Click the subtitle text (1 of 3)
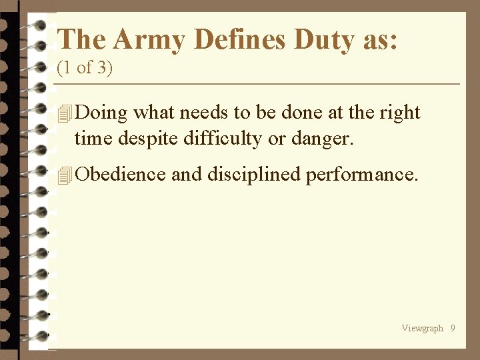85,69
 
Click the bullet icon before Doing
64,114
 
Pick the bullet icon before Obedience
64,175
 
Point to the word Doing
101,113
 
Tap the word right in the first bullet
400,113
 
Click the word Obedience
121,174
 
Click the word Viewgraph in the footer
422,328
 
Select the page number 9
453,328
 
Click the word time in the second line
90,139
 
